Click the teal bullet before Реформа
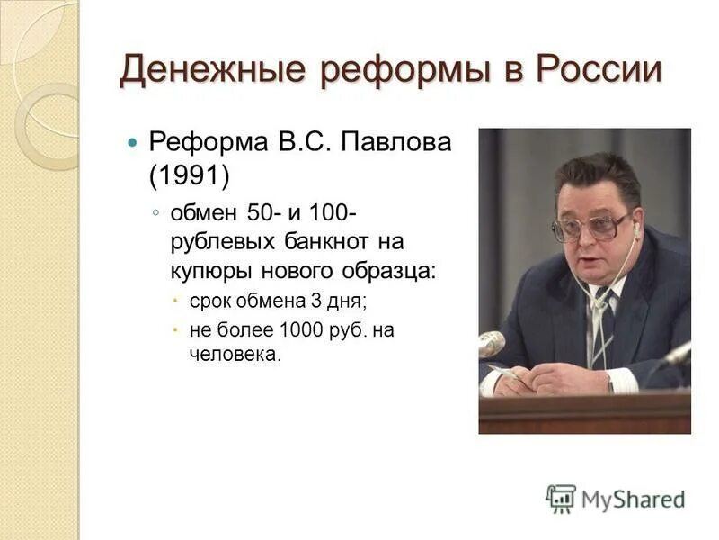pos(133,142)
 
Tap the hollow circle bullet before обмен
pos(155,211)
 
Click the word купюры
pos(213,269)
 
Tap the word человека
pos(235,355)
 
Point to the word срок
pos(212,305)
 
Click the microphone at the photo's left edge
pos(491,343)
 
